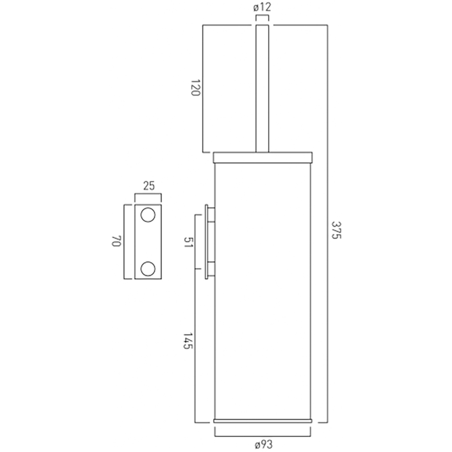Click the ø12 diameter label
[x=262, y=7]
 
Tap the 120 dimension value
[x=195, y=88]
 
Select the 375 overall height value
[x=335, y=230]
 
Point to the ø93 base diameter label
[x=264, y=445]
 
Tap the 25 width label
[x=148, y=185]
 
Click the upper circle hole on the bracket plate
[x=147, y=215]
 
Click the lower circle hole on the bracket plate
[x=147, y=268]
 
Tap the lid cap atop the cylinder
[x=263, y=157]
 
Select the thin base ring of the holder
[x=263, y=421]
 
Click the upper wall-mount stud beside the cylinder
[x=211, y=215]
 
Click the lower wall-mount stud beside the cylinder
[x=211, y=268]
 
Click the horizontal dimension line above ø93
[x=263, y=437]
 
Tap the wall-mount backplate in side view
[x=207, y=242]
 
